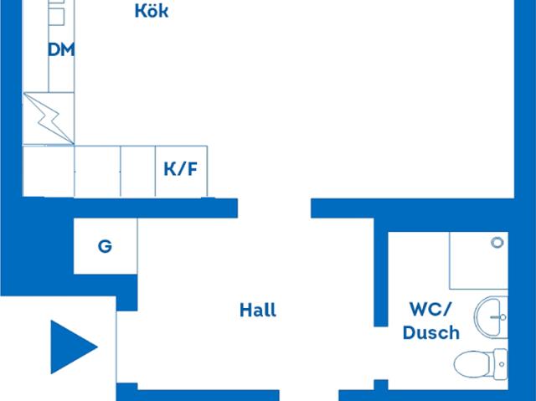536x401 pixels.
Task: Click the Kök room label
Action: click(x=152, y=10)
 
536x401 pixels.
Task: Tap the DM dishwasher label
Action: click(x=61, y=50)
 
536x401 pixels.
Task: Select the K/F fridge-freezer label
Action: click(x=181, y=169)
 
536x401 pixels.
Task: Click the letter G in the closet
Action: click(x=105, y=246)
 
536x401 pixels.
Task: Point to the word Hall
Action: click(x=258, y=310)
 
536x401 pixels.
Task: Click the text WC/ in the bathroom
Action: click(x=430, y=310)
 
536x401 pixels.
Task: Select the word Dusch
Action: click(x=431, y=332)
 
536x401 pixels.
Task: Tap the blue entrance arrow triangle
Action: click(x=74, y=347)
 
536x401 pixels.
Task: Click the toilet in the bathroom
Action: click(x=481, y=364)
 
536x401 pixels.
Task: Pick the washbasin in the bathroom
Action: click(x=491, y=317)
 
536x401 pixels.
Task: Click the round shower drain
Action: click(x=497, y=243)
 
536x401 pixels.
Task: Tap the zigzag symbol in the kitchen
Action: click(x=49, y=118)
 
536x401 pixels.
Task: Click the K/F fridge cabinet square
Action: click(x=181, y=171)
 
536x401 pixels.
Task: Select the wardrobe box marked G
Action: click(x=106, y=246)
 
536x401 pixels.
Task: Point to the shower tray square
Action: click(x=478, y=260)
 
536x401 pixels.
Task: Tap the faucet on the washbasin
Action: click(x=498, y=317)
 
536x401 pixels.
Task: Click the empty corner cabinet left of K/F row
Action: click(x=49, y=171)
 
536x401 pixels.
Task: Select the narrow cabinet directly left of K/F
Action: click(x=138, y=171)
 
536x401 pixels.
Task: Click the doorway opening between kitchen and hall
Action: click(x=274, y=208)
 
